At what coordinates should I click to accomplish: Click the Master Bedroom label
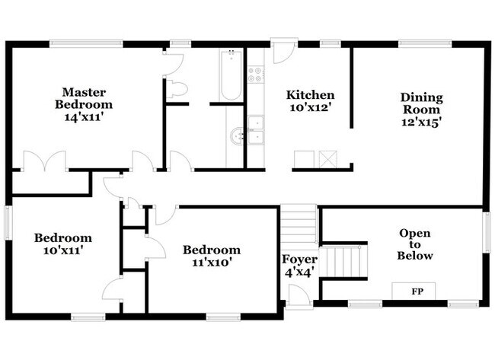pos(84,98)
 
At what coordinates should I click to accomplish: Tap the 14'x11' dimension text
pos(84,117)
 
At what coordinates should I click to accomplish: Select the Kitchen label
pos(310,95)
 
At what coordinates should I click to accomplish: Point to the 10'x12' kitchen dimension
pos(310,108)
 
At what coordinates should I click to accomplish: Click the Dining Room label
pos(421,104)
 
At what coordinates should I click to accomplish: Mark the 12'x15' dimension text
pos(421,122)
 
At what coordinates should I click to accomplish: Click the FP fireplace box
pos(414,291)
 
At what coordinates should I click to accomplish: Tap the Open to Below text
pos(415,244)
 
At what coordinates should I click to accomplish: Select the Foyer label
pos(299,260)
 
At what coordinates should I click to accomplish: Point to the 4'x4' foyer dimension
pos(299,272)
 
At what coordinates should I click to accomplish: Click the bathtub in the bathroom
pos(232,75)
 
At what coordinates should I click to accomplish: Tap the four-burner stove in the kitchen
pos(256,75)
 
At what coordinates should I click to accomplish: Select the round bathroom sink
pos(237,137)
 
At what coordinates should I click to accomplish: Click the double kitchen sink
pos(256,131)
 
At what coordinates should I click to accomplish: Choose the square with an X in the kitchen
pos(328,159)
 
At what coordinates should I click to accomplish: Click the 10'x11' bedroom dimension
pos(63,251)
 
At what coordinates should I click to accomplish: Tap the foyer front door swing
pos(299,295)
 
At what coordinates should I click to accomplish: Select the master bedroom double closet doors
pos(45,161)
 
